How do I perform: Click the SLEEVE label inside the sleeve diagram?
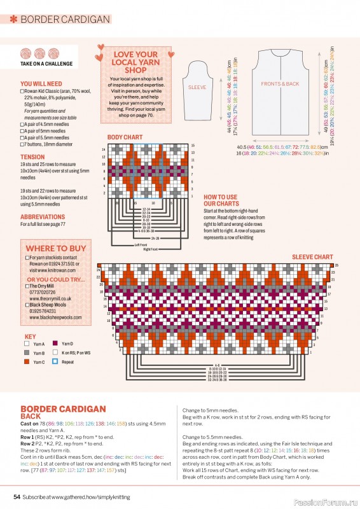click(x=197, y=87)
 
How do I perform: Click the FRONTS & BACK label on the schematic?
click(x=279, y=84)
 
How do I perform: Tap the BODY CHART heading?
click(x=125, y=137)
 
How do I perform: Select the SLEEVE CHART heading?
click(x=312, y=257)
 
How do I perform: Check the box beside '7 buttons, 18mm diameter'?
click(x=22, y=143)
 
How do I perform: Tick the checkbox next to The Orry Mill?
click(x=27, y=286)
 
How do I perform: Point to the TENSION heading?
click(x=32, y=157)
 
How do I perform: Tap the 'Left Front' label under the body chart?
click(x=141, y=245)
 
